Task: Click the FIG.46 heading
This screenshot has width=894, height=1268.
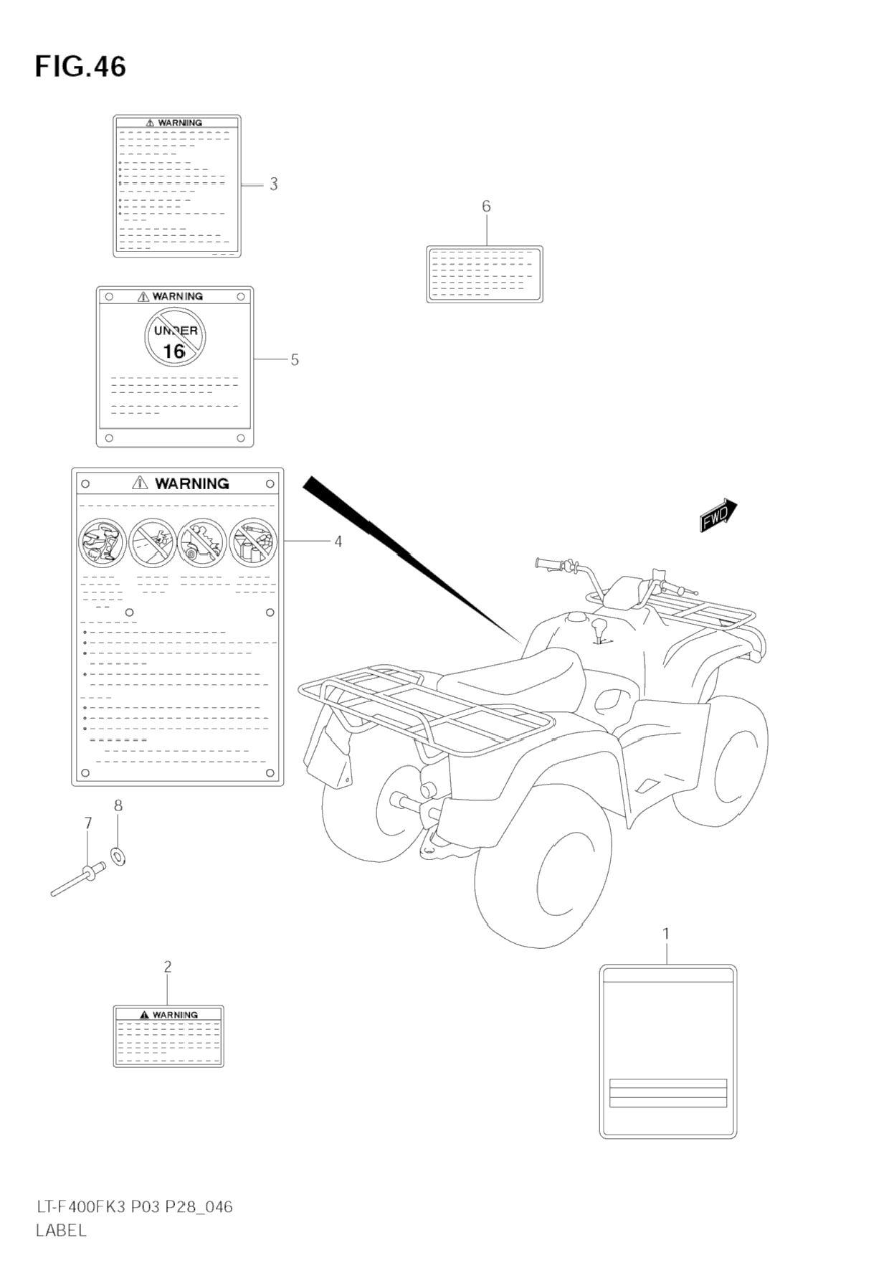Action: [80, 67]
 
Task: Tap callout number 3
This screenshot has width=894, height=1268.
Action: [273, 184]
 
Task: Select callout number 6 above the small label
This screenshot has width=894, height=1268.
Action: [486, 207]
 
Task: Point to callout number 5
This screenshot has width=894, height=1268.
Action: [295, 360]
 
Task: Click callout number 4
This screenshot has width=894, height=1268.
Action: [338, 541]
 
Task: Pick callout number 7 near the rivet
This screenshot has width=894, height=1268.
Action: [88, 823]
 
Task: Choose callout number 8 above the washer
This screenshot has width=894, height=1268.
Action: [118, 805]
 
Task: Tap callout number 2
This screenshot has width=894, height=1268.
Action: [168, 967]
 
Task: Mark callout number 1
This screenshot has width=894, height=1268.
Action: [666, 934]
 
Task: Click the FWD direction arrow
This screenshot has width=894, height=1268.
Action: [718, 515]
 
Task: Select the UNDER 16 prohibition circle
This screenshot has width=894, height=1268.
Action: [175, 337]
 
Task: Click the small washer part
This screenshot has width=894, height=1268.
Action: [118, 856]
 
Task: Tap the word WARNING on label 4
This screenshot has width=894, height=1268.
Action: [191, 484]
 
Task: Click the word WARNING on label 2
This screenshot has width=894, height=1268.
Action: [175, 1015]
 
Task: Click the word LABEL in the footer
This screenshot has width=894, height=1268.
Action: [61, 1230]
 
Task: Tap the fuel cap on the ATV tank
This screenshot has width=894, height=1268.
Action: [576, 617]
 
